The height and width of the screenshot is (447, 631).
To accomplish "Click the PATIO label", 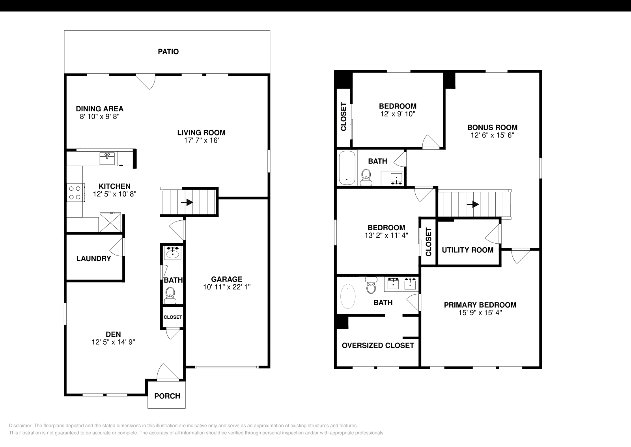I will pos(168,52).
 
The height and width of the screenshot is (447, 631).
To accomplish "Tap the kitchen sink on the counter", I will pos(107,159).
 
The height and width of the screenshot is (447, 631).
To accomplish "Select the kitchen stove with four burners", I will pos(75,192).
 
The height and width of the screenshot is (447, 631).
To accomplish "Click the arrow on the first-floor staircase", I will pos(189,202).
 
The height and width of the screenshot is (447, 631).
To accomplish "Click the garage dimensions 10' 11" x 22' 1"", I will pos(226,287).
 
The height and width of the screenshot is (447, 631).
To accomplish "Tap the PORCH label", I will pos(167,396).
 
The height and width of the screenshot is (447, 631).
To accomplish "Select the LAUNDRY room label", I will pos(93,259).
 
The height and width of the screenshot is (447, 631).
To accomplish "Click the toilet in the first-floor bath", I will pos(170,295).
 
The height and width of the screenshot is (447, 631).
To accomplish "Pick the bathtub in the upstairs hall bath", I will pos(347,168).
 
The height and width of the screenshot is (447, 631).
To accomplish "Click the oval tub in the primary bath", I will pos(347,297).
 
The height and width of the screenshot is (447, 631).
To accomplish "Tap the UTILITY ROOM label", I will pos(467,250).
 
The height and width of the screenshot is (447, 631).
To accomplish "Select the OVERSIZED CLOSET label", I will pos(377,346).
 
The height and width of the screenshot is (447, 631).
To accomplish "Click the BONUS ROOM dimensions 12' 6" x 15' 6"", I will pos(492,135).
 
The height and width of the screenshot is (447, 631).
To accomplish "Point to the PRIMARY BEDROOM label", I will pos(480,305).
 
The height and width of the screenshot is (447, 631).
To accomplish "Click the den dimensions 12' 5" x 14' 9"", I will pos(113,342).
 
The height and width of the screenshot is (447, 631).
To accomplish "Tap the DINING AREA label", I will pos(99,109).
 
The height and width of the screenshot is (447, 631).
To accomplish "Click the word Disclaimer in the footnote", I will pos(20,426).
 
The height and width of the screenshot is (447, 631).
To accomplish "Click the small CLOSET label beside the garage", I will pos(173,317).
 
